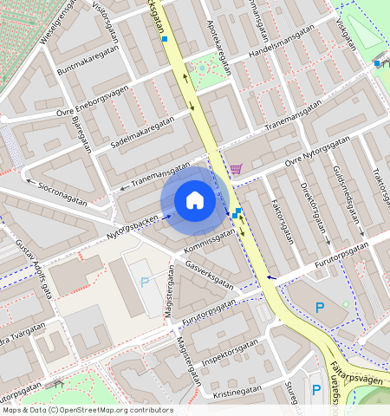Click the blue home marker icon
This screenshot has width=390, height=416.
coord(195,200)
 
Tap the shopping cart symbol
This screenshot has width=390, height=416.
coord(236,169)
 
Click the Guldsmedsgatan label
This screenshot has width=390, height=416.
coord(348,198)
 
